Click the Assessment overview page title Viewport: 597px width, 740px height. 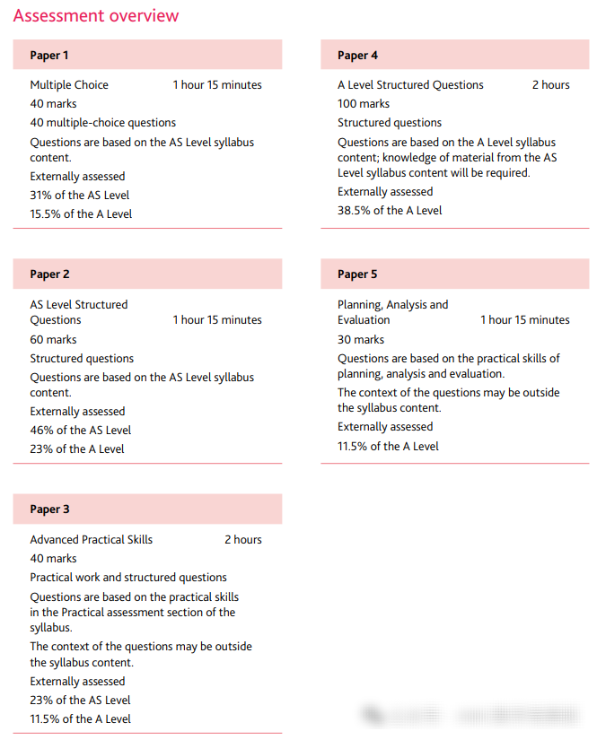(96, 16)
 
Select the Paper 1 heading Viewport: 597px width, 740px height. (49, 56)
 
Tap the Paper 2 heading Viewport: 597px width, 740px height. (49, 274)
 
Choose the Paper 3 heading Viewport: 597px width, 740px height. (49, 509)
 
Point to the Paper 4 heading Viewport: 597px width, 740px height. (357, 56)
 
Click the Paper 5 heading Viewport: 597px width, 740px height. (357, 274)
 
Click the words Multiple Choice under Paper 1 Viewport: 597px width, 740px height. (69, 85)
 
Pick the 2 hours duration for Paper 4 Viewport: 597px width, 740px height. (550, 85)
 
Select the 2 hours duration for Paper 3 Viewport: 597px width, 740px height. (243, 540)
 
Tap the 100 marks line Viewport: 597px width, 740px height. (364, 104)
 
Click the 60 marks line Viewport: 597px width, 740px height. (53, 340)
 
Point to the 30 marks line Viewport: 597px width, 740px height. (361, 340)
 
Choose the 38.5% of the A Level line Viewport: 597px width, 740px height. (390, 211)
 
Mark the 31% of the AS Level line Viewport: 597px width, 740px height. (79, 196)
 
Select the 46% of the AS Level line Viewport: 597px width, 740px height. (80, 431)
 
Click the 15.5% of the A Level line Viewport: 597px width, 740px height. (81, 214)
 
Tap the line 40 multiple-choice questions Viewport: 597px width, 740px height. (102, 123)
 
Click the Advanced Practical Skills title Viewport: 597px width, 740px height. (91, 540)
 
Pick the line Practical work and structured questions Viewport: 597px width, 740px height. (128, 578)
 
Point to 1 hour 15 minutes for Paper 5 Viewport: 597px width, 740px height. (524, 320)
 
